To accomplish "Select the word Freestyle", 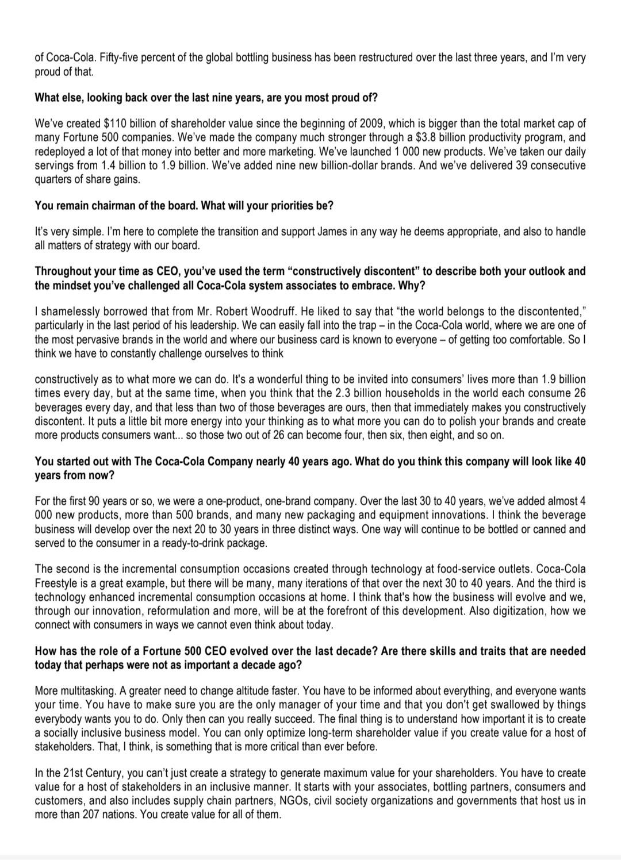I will point(57,583).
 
